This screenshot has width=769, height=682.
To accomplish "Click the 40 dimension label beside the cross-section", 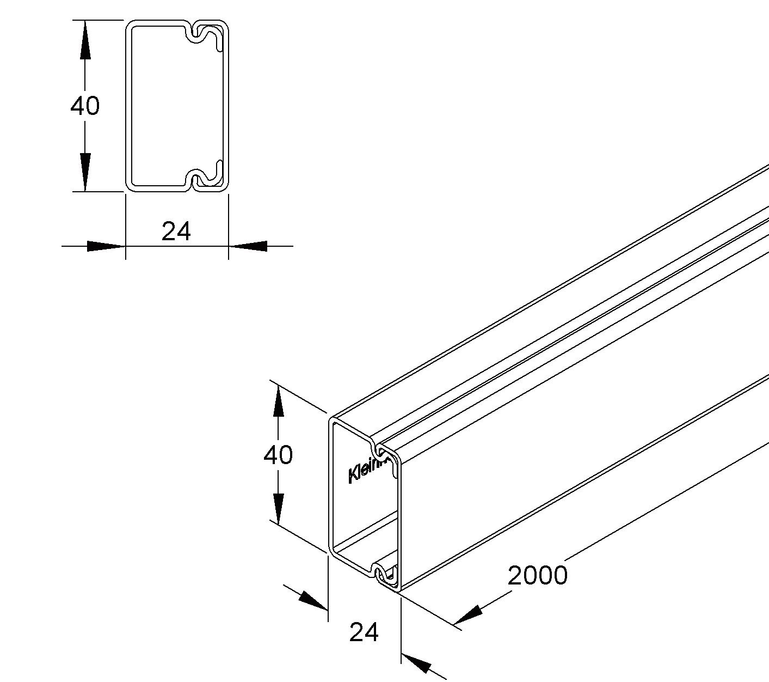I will pos(85,106).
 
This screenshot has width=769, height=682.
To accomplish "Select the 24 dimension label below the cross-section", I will pos(176,232).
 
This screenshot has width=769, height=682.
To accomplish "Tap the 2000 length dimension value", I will pos(537,575).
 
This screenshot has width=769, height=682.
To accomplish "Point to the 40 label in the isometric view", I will pos(278,455).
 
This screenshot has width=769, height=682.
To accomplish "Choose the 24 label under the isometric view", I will pos(364,632).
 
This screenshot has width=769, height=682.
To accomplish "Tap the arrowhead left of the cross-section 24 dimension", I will pos(106,246).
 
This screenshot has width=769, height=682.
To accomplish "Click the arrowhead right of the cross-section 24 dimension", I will pos(248,246).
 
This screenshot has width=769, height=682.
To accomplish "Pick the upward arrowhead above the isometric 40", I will pos(278,403).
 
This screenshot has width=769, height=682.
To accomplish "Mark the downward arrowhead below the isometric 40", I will pos(278,507).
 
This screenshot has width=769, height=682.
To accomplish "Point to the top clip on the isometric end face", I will pos(378,449).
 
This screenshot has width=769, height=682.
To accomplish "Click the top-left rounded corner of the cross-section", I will pos(131,25).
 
